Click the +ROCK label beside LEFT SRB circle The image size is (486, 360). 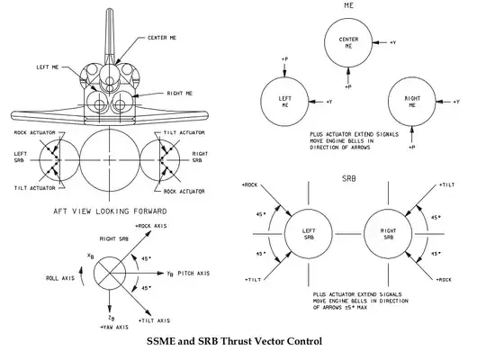pyautogui.click(x=249, y=185)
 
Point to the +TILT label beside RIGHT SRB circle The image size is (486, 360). pyautogui.click(x=446, y=184)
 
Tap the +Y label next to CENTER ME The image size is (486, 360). pyautogui.click(x=392, y=42)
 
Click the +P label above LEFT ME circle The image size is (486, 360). pyautogui.click(x=284, y=58)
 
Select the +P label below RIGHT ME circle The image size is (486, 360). pyautogui.click(x=411, y=147)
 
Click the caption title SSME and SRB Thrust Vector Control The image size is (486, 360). pyautogui.click(x=234, y=341)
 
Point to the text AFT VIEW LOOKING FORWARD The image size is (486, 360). pyautogui.click(x=110, y=211)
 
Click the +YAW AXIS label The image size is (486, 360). pyautogui.click(x=113, y=327)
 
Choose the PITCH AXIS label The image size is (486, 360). pyautogui.click(x=193, y=274)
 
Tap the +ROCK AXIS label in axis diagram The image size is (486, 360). pyautogui.click(x=151, y=226)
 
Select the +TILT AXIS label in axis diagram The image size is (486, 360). pyautogui.click(x=154, y=320)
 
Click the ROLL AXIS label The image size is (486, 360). pyautogui.click(x=60, y=278)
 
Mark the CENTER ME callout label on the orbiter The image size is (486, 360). pyautogui.click(x=162, y=38)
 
